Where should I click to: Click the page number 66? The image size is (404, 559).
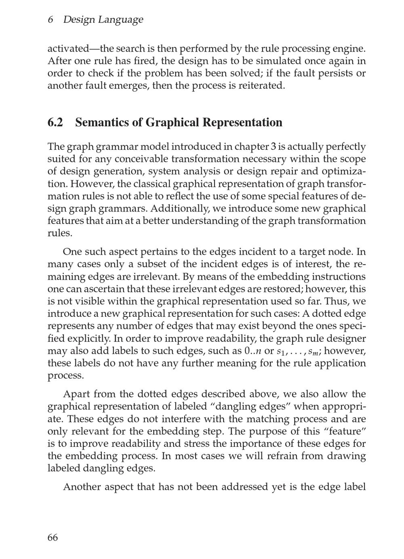coord(53,538)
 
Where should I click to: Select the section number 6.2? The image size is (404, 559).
coord(55,122)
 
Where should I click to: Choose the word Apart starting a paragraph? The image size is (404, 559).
coord(77,394)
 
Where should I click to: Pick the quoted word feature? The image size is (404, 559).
coord(345,431)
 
